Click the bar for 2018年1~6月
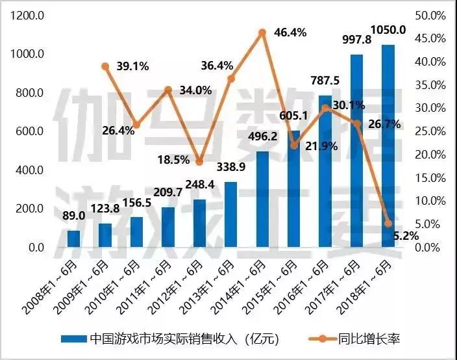tap(388, 146)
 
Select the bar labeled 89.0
tap(73, 238)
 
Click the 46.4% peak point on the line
tap(262, 32)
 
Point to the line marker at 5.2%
tap(388, 224)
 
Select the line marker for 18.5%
tap(199, 162)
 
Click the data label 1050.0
tap(388, 29)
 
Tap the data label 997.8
tap(358, 40)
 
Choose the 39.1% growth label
tap(133, 66)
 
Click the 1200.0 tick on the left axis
tap(27, 16)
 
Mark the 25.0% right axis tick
tap(429, 132)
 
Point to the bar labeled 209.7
tap(167, 227)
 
